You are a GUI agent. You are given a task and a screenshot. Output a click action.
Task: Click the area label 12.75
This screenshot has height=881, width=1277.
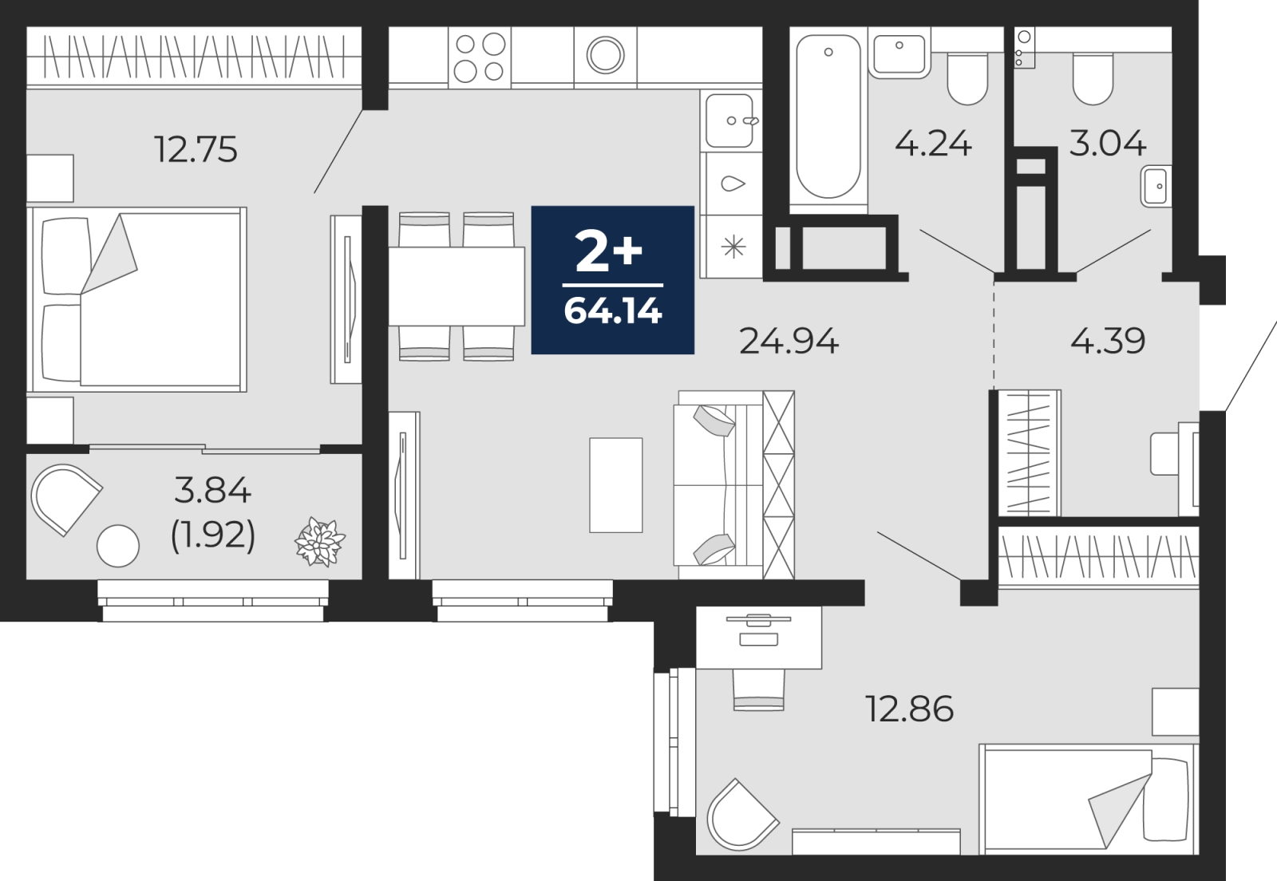(196, 149)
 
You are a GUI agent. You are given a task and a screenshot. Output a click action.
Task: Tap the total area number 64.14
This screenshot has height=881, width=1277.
(612, 311)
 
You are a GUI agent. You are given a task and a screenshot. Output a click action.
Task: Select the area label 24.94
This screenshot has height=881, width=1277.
(789, 342)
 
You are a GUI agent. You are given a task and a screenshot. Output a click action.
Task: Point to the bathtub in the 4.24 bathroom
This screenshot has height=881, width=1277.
(828, 116)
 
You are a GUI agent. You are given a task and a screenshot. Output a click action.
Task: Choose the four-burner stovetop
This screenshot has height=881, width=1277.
(480, 57)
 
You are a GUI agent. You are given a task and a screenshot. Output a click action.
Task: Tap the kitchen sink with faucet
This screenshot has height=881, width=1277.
(730, 120)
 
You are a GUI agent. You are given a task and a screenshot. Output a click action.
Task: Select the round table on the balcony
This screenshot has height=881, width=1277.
(118, 546)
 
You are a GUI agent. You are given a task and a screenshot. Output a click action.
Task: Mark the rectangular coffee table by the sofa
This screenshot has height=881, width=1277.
(615, 485)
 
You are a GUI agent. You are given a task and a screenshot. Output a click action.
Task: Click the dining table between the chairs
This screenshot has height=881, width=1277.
(456, 286)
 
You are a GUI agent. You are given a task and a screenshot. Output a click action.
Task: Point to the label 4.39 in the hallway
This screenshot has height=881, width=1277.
(1107, 342)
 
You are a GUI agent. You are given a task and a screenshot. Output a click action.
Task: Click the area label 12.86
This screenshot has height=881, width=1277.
(909, 709)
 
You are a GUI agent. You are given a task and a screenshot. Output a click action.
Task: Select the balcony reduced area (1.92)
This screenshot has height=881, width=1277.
(212, 535)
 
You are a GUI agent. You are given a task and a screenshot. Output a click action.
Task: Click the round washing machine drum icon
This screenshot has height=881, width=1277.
(605, 55)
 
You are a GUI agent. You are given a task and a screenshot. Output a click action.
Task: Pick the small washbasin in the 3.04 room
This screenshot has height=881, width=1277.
(1155, 187)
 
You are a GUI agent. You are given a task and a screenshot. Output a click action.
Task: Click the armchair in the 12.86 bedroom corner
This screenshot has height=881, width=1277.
(739, 815)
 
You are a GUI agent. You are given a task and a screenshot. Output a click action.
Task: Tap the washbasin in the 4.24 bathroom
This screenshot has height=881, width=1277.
(899, 53)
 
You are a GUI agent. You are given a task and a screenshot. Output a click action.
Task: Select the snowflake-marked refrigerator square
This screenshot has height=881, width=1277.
(733, 247)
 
